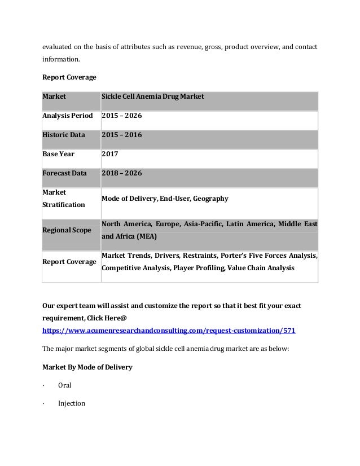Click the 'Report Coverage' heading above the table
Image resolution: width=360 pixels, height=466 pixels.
pos(66,76)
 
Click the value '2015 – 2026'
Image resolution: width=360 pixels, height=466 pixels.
pos(121,116)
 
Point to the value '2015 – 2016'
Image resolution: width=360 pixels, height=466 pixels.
pos(121,135)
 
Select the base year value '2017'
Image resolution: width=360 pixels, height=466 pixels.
pos(109,154)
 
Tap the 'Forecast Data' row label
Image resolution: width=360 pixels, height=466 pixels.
pos(65,173)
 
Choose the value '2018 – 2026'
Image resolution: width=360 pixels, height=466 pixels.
pos(121,173)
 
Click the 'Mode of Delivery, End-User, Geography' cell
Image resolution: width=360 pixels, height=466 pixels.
pos(165,199)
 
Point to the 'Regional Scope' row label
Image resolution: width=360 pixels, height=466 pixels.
pos(67,231)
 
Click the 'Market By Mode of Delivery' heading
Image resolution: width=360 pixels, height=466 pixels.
pos(87,367)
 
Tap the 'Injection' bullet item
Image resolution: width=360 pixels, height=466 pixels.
pos(72,403)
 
